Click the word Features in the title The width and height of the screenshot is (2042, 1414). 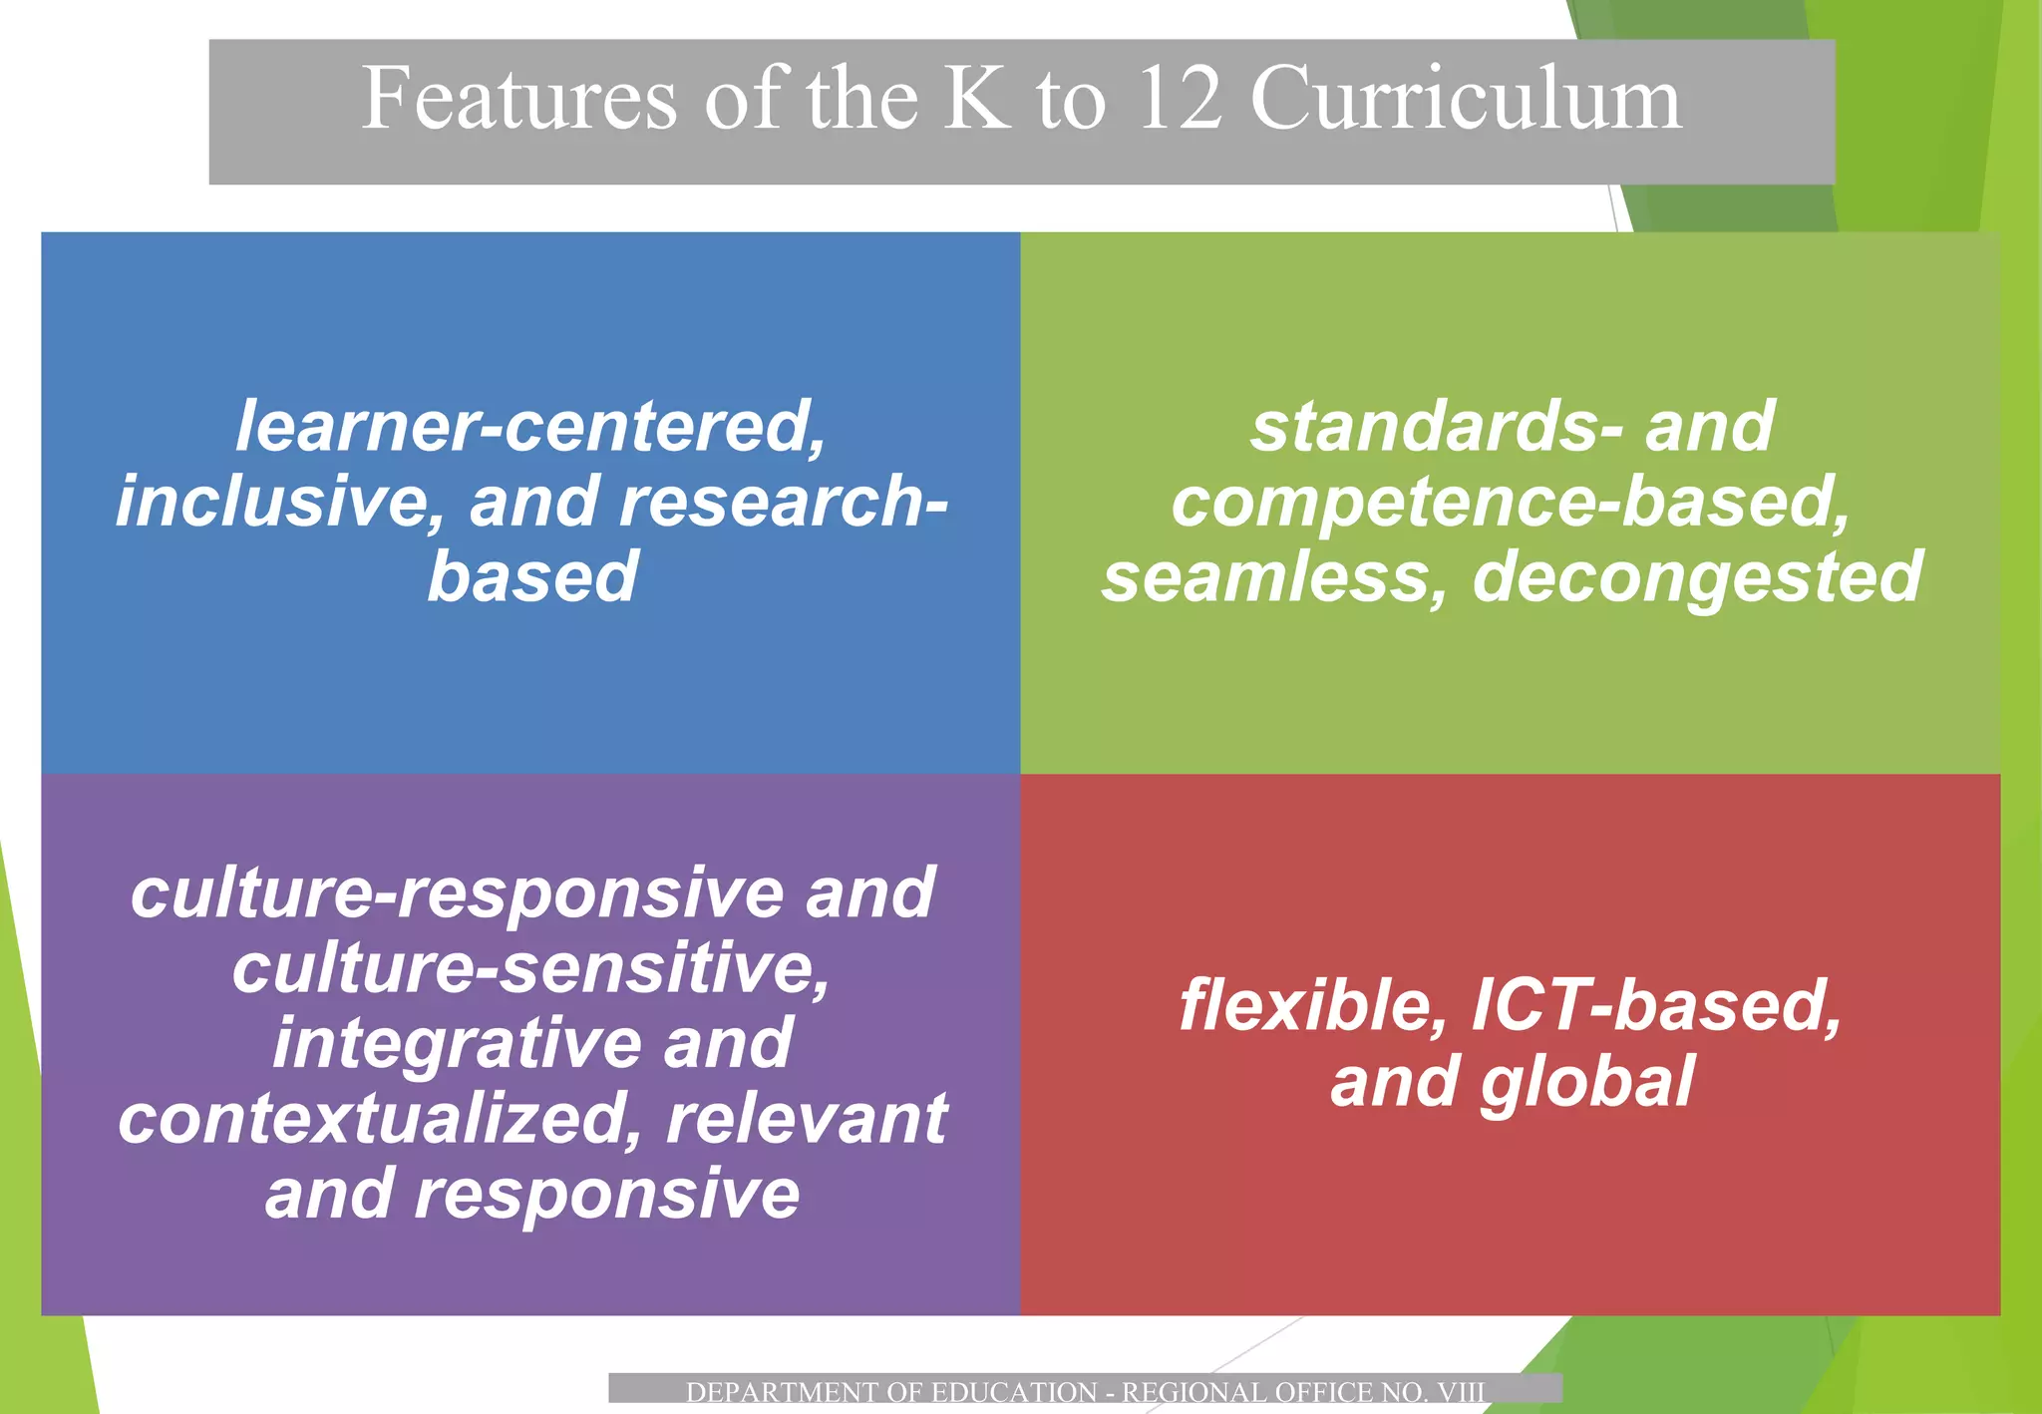[518, 99]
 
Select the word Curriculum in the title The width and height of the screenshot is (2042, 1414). [1466, 99]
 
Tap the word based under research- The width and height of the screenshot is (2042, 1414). [532, 577]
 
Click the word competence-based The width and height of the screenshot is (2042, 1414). [1510, 502]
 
